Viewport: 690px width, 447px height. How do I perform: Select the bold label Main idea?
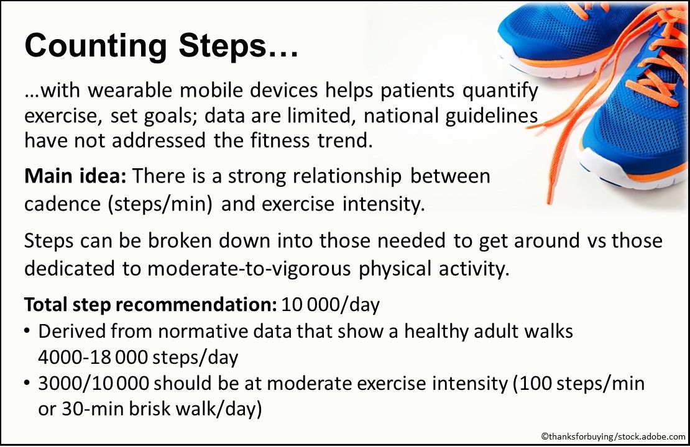(75, 176)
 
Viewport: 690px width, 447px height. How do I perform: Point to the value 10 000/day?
(330, 305)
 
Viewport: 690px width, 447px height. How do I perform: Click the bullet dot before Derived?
(28, 332)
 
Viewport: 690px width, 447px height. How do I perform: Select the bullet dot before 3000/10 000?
(28, 384)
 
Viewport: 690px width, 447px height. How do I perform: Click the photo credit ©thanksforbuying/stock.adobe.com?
(613, 437)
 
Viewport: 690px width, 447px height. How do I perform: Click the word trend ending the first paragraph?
(344, 140)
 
